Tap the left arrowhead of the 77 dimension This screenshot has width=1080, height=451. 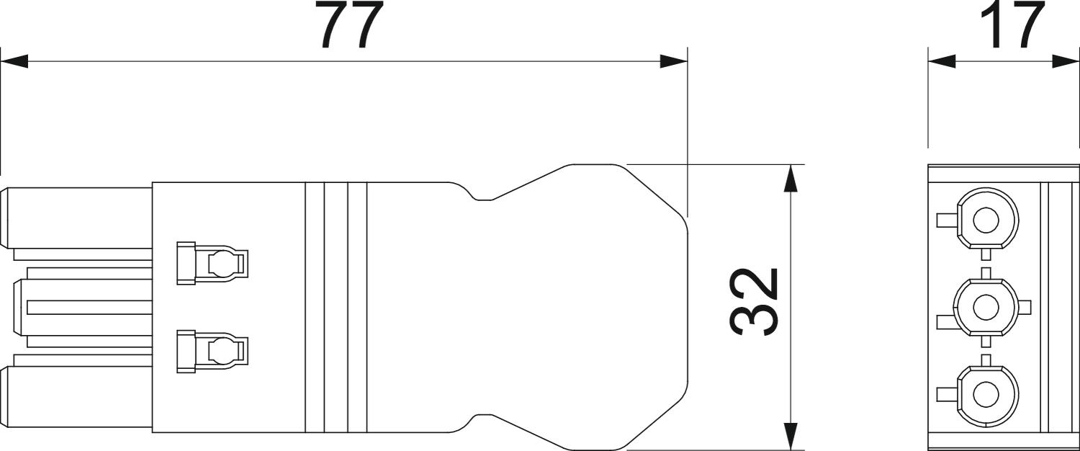pos(14,61)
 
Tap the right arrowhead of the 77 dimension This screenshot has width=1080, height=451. pos(673,61)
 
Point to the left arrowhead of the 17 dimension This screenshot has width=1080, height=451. pos(942,61)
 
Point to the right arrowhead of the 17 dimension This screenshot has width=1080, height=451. pos(1066,61)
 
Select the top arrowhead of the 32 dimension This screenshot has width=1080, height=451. pos(789,179)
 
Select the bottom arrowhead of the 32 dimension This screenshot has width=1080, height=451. pos(789,436)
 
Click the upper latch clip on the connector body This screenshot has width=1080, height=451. pos(212,263)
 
